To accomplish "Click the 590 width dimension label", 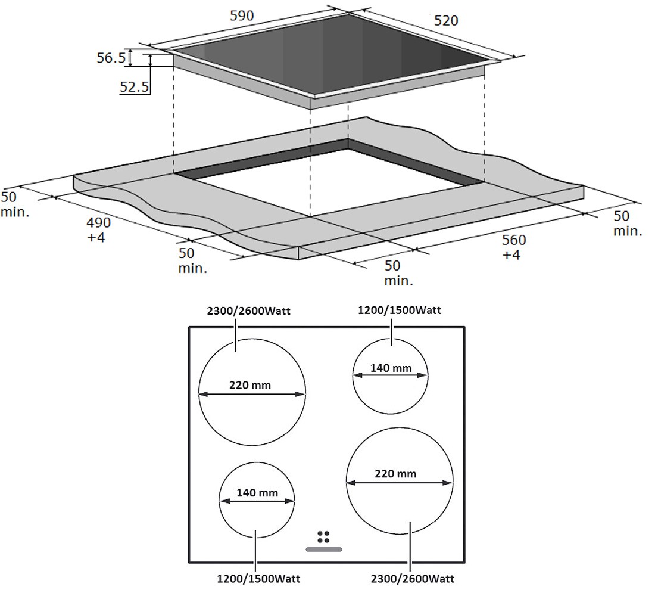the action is pos(242,16).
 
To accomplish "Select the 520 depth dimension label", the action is pos(446,20).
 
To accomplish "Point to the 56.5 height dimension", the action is pos(111,58).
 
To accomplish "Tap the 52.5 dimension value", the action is pos(135,87).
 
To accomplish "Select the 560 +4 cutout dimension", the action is pos(513,247).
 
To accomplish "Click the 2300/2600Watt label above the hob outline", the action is pos(248,311).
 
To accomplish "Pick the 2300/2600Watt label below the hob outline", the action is pos(412,579).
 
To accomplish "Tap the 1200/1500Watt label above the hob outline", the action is pos(400,311).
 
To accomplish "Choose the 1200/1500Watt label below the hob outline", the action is pos(258,579).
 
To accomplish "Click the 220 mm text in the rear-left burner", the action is pos(250,385).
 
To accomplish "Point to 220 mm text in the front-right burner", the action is pos(395,474).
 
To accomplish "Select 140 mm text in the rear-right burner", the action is pos(391,368).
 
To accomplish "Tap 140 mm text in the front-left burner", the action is pos(257,493).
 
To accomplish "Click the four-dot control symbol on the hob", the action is pos(323,537).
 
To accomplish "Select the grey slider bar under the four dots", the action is pos(324,549).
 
